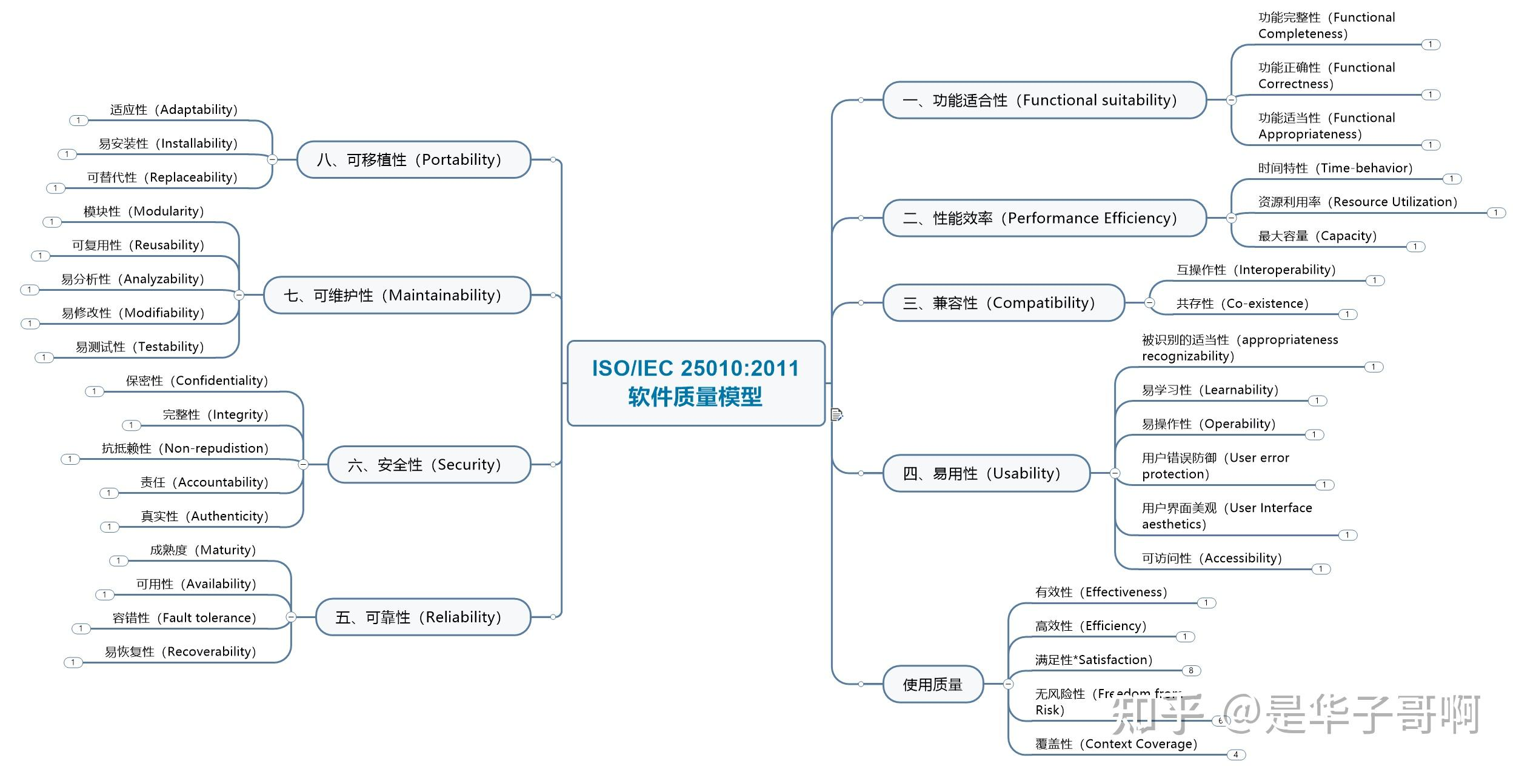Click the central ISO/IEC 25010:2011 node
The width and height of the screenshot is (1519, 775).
tap(696, 383)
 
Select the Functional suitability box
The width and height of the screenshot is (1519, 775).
tap(1044, 100)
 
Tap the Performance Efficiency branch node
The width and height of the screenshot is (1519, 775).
tap(1044, 218)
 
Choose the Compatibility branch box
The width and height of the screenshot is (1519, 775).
tap(1003, 302)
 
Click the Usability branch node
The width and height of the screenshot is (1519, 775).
tap(986, 473)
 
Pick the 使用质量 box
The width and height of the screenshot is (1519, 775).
tap(932, 685)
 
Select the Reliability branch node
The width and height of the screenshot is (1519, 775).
tap(422, 617)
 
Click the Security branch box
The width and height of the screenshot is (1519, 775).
tap(429, 465)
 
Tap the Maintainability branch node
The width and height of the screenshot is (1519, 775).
tap(397, 295)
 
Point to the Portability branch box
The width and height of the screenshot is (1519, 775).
tap(413, 159)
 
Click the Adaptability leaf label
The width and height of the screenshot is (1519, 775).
tap(174, 110)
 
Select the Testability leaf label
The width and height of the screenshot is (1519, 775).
tap(140, 347)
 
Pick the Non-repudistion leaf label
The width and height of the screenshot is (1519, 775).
tap(185, 448)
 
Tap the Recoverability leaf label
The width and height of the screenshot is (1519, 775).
tap(181, 651)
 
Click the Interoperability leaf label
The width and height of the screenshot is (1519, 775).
tap(1256, 270)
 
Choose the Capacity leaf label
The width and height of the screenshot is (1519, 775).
tap(1317, 236)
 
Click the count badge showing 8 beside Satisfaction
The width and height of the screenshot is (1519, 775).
tap(1191, 671)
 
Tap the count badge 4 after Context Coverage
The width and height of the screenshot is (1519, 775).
tap(1236, 755)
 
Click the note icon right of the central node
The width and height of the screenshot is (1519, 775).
tap(837, 415)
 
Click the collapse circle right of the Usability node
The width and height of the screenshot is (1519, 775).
tap(1115, 473)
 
